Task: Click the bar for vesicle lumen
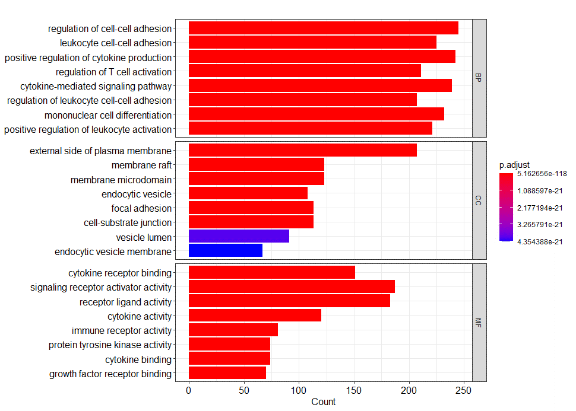coord(239,237)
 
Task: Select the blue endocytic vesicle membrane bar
coord(225,251)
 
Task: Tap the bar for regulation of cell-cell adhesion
coord(323,28)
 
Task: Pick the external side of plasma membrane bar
coord(302,151)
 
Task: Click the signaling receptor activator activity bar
coord(292,287)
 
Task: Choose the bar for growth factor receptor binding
coord(227,374)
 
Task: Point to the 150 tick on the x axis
coord(354,390)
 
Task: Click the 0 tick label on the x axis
coord(189,390)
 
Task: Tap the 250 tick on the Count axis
coord(464,390)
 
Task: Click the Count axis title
coord(323,402)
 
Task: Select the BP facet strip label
coord(479,78)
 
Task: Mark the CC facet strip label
coord(479,200)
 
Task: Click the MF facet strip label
coord(479,323)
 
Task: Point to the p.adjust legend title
coord(514,164)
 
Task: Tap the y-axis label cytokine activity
coord(139,316)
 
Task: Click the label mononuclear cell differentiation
coord(107,115)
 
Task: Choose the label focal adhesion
coord(141,208)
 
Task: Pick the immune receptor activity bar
coord(233,330)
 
